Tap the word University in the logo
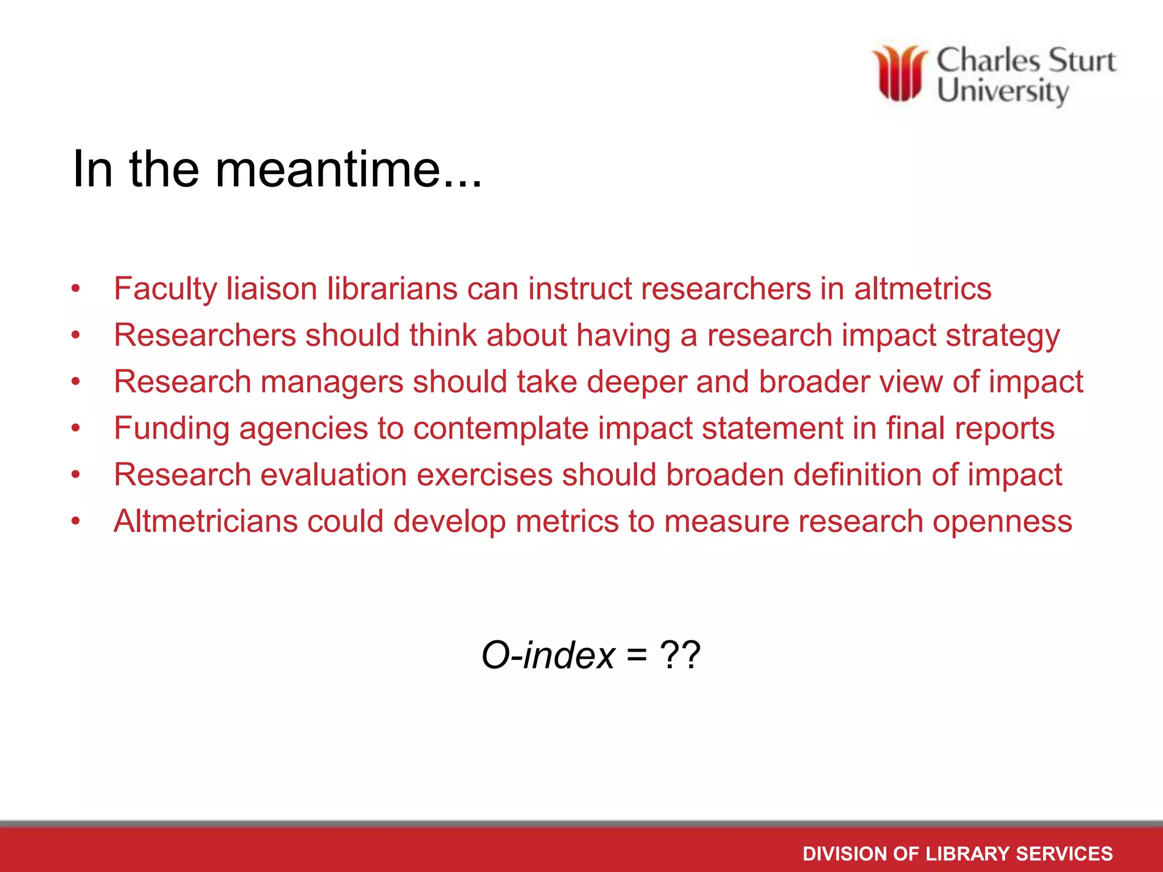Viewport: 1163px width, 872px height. [x=1003, y=92]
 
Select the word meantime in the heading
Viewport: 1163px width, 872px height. [x=348, y=169]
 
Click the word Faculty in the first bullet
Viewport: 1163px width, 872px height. [x=165, y=289]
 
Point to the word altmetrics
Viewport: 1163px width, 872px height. [x=923, y=288]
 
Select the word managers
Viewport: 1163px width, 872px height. [x=332, y=382]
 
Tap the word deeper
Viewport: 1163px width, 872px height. [x=637, y=382]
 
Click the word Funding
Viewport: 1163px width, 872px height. [x=171, y=429]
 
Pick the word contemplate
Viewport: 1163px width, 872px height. [x=500, y=429]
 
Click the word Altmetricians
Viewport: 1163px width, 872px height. [x=206, y=521]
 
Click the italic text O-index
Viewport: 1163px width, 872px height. [x=548, y=655]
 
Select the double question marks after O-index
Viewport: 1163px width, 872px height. [x=680, y=655]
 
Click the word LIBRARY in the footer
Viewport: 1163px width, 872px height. [x=968, y=854]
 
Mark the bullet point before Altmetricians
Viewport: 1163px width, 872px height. [x=76, y=521]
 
